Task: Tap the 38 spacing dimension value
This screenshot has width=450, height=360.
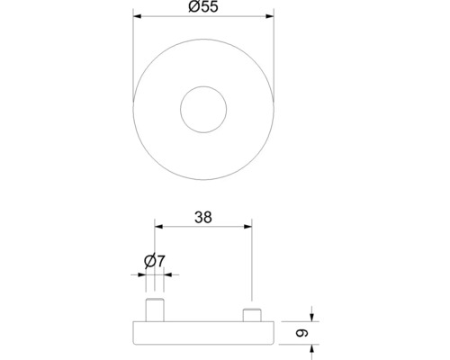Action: [x=202, y=217]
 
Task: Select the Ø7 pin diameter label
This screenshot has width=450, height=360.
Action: [x=154, y=262]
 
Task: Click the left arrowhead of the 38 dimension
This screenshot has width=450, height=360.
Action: [x=158, y=226]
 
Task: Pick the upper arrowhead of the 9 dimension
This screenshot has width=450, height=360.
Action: [x=310, y=315]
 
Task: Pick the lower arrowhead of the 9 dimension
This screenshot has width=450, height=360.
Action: [x=310, y=346]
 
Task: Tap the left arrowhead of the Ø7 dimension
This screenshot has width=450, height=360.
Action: [x=144, y=274]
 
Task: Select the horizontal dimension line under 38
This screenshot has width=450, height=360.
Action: [x=202, y=226]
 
